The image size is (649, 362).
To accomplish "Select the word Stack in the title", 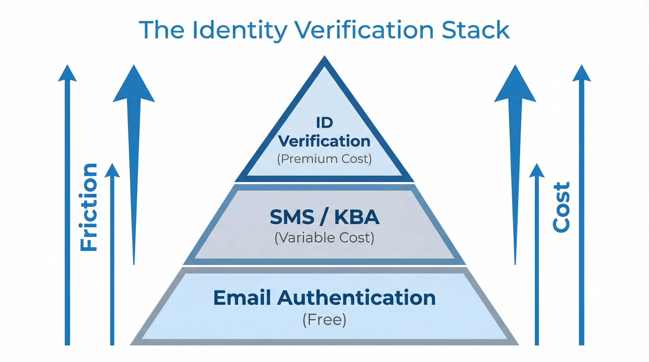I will click(x=476, y=30).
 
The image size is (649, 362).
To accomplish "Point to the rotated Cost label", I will click(x=561, y=207).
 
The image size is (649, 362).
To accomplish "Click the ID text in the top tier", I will click(x=324, y=123).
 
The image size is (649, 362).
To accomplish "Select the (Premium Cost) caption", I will click(x=324, y=159).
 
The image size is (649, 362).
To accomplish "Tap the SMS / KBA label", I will click(x=324, y=217).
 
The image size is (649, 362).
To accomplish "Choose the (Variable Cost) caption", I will click(x=324, y=237).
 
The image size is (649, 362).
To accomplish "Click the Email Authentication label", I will click(x=324, y=298).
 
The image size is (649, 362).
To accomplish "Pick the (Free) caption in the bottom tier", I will click(x=324, y=320).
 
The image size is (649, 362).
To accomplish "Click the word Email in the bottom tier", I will click(x=242, y=298).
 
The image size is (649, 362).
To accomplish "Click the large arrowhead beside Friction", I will click(x=134, y=86).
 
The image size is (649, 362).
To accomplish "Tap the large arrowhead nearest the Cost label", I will click(x=515, y=86).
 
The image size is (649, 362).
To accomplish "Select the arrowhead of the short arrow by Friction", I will click(x=112, y=171).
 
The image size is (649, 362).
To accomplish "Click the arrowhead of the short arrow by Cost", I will click(x=537, y=171).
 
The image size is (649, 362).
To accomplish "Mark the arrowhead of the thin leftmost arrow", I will click(x=67, y=74).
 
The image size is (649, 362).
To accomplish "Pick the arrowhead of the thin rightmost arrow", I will click(x=582, y=74).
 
